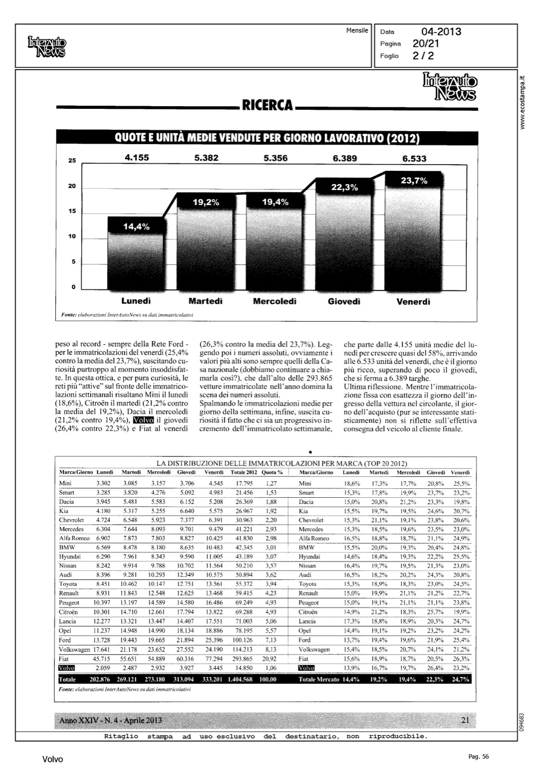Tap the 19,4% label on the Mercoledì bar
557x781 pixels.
click(275, 202)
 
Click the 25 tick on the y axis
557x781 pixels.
click(72, 161)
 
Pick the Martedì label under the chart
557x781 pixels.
click(205, 301)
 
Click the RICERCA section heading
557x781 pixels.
click(266, 106)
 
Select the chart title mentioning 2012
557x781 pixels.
click(267, 139)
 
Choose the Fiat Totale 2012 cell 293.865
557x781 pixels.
click(242, 658)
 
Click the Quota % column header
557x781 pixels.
click(272, 472)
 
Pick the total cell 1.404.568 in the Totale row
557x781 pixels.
click(240, 679)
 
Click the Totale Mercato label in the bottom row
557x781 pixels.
click(318, 679)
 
